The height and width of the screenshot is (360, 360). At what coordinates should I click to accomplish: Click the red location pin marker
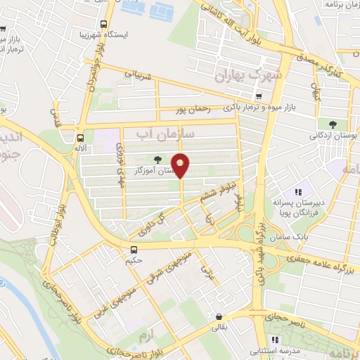(x=181, y=165)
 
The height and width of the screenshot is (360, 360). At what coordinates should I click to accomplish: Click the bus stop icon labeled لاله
(x=81, y=137)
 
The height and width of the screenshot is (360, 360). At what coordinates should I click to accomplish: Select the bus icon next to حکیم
(x=134, y=250)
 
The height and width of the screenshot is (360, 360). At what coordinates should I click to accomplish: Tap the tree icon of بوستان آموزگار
(x=156, y=160)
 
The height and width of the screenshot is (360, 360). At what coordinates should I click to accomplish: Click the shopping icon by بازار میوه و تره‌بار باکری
(x=259, y=97)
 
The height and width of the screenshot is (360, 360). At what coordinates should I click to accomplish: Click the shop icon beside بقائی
(x=220, y=317)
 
